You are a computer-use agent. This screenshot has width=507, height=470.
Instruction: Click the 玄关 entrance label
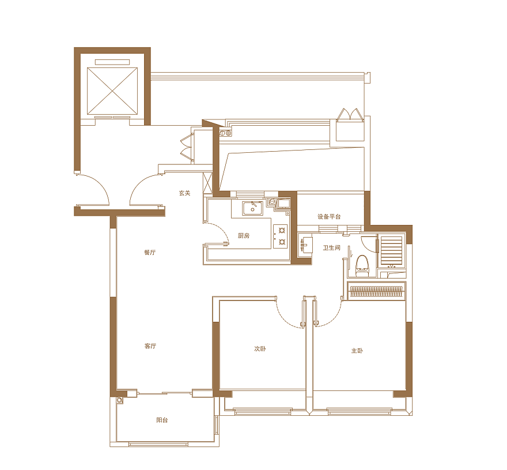coord(184,193)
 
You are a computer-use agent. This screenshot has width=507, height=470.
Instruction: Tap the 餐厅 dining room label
coord(150,252)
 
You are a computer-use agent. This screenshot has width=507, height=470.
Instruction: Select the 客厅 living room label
coord(150,346)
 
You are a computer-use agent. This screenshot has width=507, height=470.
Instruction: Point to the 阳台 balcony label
coord(162,420)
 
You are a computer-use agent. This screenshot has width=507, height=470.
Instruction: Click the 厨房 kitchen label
coord(244,236)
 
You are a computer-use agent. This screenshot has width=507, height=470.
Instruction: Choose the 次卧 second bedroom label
coord(260,349)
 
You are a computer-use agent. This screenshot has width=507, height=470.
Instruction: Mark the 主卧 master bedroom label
coord(357,351)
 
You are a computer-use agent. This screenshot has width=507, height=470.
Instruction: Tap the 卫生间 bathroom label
coord(331,247)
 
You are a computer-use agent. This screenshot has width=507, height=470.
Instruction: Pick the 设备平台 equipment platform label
coord(329,217)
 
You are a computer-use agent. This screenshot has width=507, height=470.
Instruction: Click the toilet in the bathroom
coord(362,266)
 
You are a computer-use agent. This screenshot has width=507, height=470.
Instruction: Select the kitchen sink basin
coord(252,208)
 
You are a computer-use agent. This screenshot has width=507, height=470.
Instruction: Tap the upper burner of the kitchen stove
coord(282,231)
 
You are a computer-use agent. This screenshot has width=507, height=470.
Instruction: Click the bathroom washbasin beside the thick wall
coord(305,245)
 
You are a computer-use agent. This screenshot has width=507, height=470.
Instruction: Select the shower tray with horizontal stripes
coord(391,250)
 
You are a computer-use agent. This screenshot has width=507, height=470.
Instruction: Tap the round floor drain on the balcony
coord(120,400)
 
